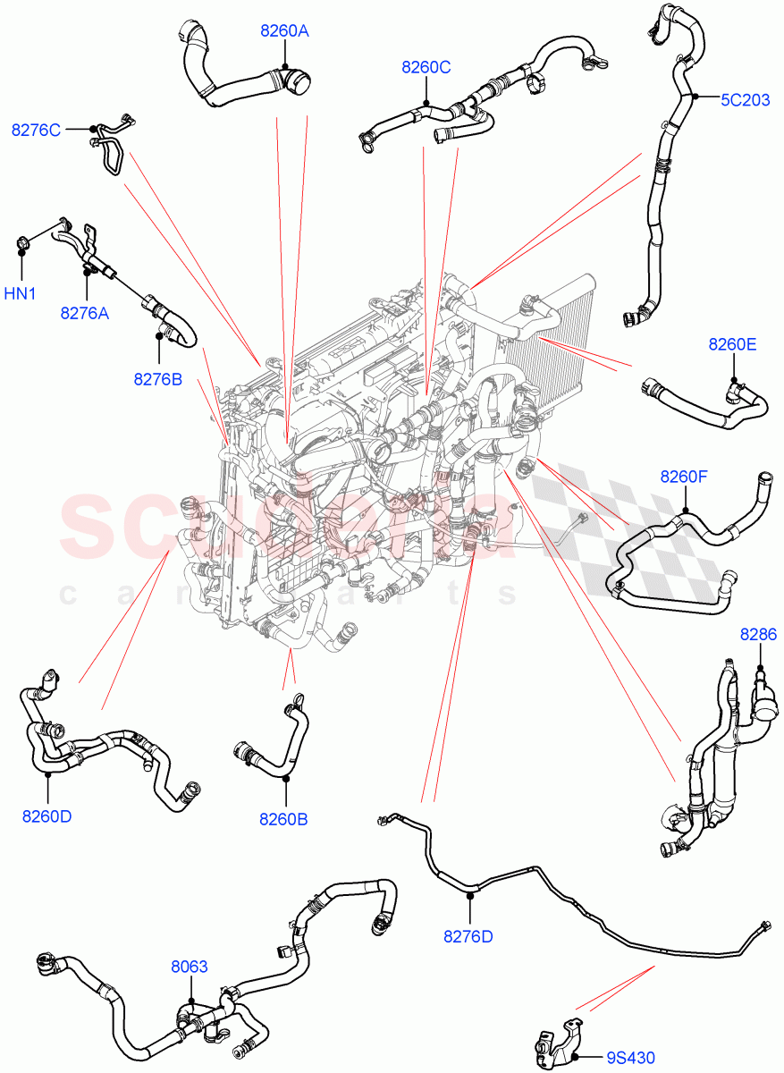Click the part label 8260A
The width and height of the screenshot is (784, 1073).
(284, 31)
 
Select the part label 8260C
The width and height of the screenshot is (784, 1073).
(426, 66)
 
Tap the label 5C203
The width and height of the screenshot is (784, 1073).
(745, 100)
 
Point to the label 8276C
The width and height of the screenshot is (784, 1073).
(36, 130)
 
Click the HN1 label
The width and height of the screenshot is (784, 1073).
(20, 292)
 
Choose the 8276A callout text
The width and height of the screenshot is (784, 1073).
(85, 313)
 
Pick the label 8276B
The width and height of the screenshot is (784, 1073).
(158, 379)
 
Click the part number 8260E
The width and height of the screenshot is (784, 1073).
(732, 344)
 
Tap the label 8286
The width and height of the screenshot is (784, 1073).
(758, 635)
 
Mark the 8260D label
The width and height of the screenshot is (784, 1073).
(47, 816)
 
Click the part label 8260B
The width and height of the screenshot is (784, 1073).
(283, 818)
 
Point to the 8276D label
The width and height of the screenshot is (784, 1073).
(468, 936)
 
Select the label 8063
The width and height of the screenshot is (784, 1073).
(190, 967)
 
